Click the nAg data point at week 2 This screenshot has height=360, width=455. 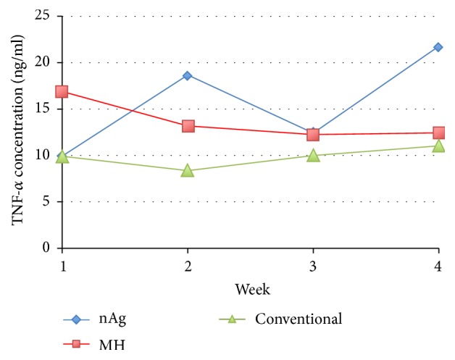pos(188,75)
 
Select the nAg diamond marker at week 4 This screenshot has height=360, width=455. pos(438,47)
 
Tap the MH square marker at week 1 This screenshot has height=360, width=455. pos(62,92)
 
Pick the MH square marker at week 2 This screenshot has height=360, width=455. pos(188,126)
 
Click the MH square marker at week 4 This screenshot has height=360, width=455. pos(438,133)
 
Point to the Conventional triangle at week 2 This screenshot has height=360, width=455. pos(188,171)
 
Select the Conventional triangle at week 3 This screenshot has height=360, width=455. pos(313,155)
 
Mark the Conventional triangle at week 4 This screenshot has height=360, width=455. pos(438,146)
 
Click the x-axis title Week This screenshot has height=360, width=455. pos(252,290)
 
